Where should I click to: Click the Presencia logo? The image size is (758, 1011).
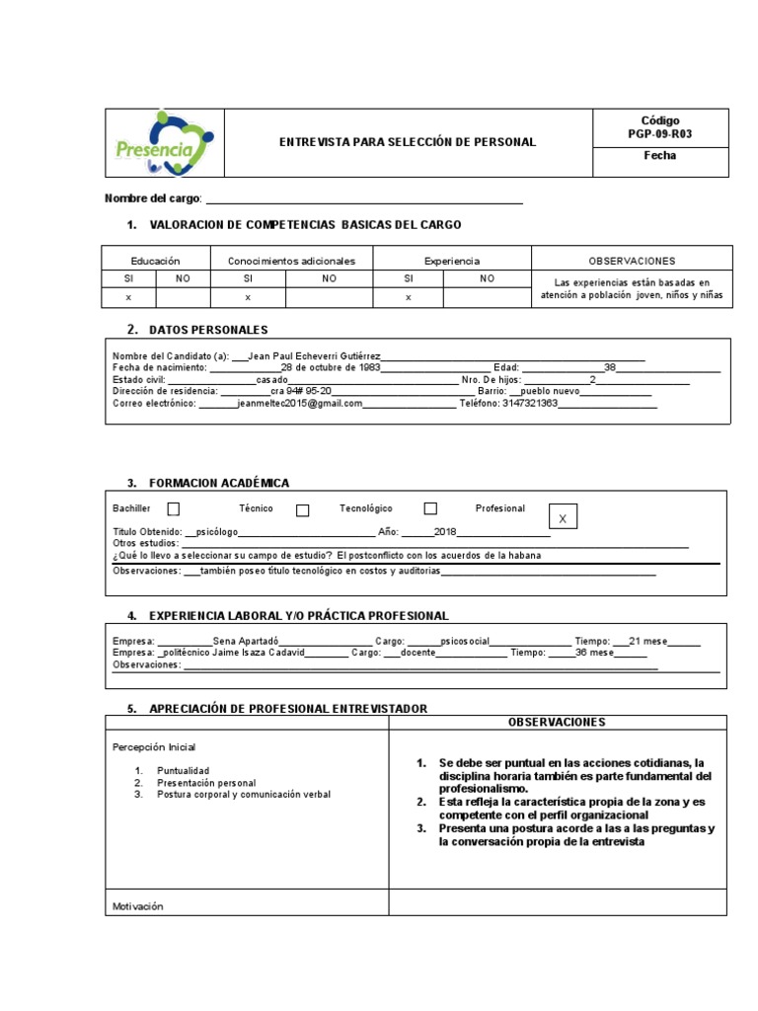163,143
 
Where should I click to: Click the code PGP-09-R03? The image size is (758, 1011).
660,134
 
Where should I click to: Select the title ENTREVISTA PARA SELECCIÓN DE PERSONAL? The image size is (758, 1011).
408,142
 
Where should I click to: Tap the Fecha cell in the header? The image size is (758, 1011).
660,156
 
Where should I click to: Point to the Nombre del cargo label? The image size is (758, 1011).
152,198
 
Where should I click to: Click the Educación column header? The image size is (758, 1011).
155,261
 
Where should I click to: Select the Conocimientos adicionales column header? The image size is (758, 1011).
291,261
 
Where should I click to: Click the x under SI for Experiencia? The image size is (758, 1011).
408,296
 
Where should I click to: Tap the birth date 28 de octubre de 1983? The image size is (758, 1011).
331,367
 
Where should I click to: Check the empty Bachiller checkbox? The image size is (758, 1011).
174,509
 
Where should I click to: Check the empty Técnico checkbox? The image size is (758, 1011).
303,509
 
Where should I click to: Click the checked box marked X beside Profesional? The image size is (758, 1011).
563,518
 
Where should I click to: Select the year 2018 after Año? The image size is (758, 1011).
432,531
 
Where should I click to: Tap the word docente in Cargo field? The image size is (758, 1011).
418,653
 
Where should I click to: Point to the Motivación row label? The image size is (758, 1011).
137,905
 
